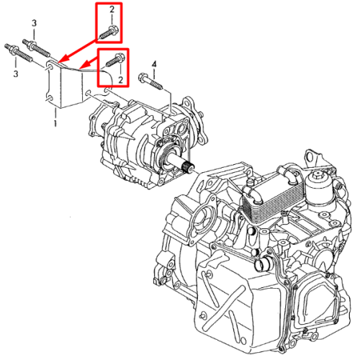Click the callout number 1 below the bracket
[x=55, y=123]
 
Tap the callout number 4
[x=154, y=64]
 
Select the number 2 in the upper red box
[x=112, y=10]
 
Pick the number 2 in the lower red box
[x=120, y=80]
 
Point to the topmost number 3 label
[x=34, y=23]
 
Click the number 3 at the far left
[x=16, y=73]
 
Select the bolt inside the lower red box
[x=114, y=60]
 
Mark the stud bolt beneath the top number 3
[x=37, y=48]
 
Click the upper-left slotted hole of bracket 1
[x=50, y=66]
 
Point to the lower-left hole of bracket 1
[x=49, y=98]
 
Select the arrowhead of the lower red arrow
[x=84, y=65]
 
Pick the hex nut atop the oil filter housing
[x=318, y=175]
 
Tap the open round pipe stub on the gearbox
[x=261, y=265]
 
